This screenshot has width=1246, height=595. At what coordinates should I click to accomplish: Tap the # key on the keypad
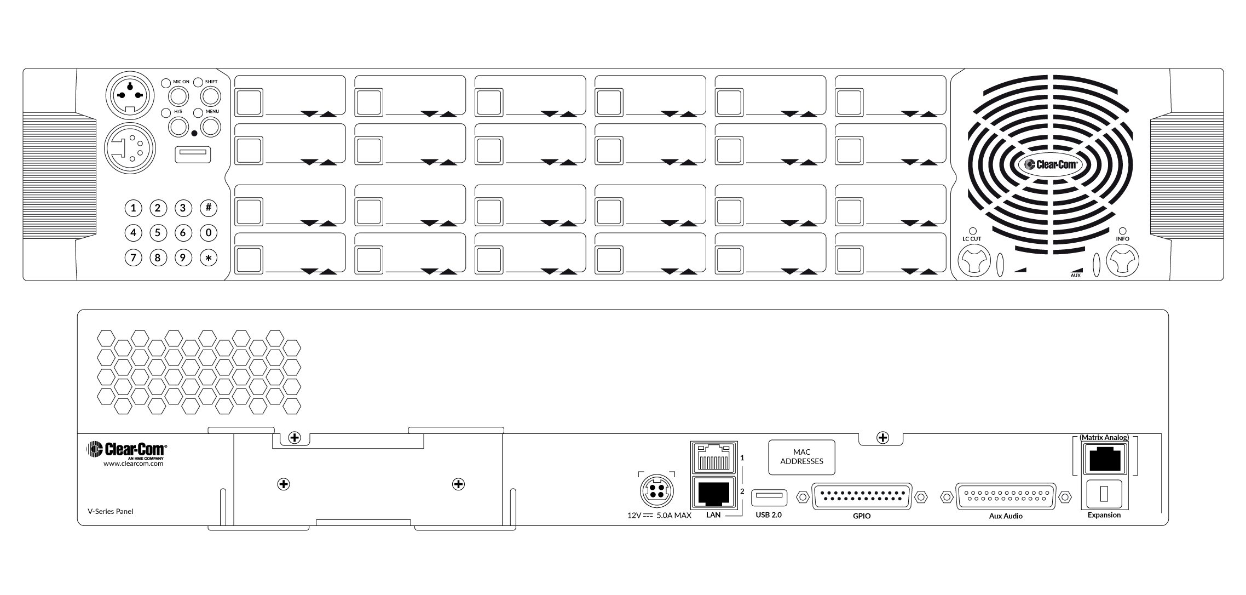[x=209, y=208]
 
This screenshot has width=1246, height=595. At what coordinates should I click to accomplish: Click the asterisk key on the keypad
[x=209, y=258]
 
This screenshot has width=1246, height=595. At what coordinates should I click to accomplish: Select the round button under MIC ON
[x=178, y=97]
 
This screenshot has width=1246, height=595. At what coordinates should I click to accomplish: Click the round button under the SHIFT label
[x=210, y=97]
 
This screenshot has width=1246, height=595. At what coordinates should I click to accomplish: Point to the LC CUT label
[x=972, y=239]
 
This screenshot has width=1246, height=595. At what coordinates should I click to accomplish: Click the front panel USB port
[x=193, y=155]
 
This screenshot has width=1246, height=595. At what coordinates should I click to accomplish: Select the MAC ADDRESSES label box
[x=801, y=457]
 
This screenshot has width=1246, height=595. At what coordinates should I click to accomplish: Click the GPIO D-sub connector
[x=862, y=497]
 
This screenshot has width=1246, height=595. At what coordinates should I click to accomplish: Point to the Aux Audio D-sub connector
[x=1006, y=497]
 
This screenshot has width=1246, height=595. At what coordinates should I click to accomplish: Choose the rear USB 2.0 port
[x=769, y=497]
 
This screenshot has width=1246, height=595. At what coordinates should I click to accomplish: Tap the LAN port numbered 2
[x=714, y=493]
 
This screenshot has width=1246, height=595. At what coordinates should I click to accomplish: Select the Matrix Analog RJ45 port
[x=1104, y=459]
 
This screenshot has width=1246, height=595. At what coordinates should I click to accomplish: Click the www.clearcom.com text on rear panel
[x=134, y=464]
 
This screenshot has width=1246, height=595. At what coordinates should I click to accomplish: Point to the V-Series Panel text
[x=111, y=512]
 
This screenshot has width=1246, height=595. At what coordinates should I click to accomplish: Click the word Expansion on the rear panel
[x=1104, y=515]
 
